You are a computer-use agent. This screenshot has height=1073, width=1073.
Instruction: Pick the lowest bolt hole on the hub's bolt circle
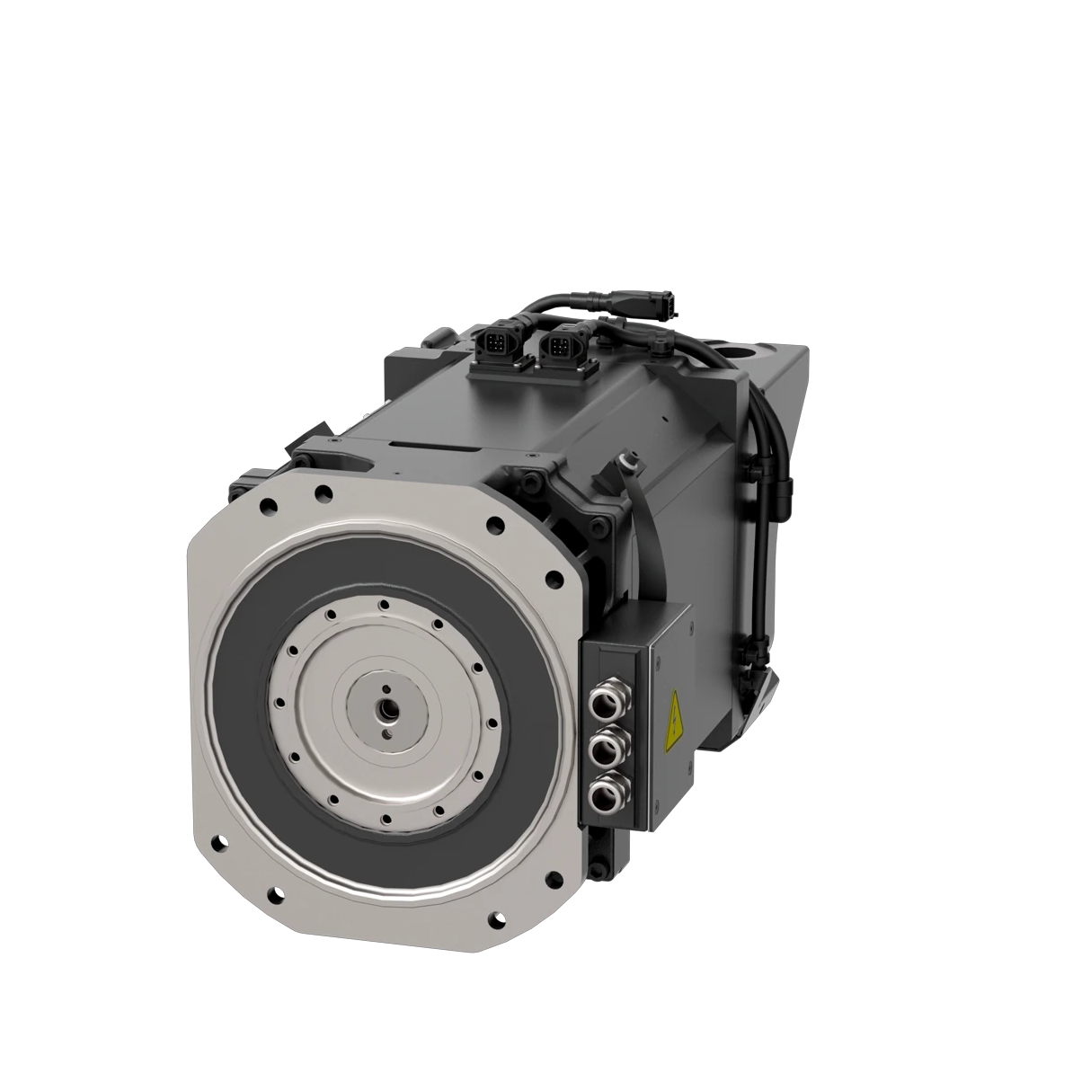(383, 819)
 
